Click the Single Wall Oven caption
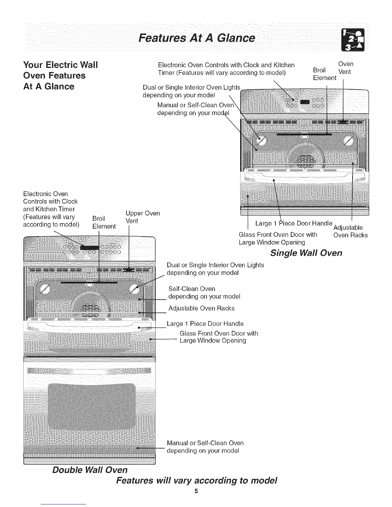pyautogui.click(x=306, y=253)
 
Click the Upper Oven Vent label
pyautogui.click(x=143, y=217)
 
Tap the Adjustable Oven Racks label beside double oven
pyautogui.click(x=201, y=308)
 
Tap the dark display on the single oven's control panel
pyautogui.click(x=305, y=102)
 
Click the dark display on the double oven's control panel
pyautogui.click(x=90, y=247)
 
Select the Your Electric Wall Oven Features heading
pyautogui.click(x=61, y=76)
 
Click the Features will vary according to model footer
pyautogui.click(x=196, y=480)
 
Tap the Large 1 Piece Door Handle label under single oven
pyautogui.click(x=293, y=223)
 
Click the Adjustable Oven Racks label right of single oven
pyautogui.click(x=350, y=231)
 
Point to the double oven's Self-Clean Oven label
pyautogui.click(x=204, y=293)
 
